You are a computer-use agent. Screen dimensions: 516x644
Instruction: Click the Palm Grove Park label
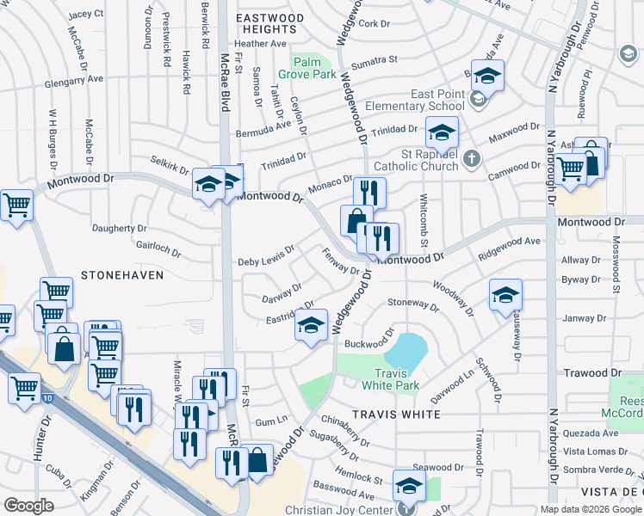coord(312,68)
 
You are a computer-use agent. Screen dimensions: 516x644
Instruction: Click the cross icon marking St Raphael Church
coord(471,158)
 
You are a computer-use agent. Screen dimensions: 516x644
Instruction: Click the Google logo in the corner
coord(28,506)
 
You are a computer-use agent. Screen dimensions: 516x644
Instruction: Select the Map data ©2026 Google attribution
coord(591,509)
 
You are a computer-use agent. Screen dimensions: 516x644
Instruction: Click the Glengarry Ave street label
coord(74,78)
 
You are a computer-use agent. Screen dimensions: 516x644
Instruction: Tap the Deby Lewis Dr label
coord(266,255)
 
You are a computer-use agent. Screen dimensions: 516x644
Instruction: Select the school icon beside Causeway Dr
coord(505,295)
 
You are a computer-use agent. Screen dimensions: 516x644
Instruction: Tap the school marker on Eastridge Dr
coord(312,325)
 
